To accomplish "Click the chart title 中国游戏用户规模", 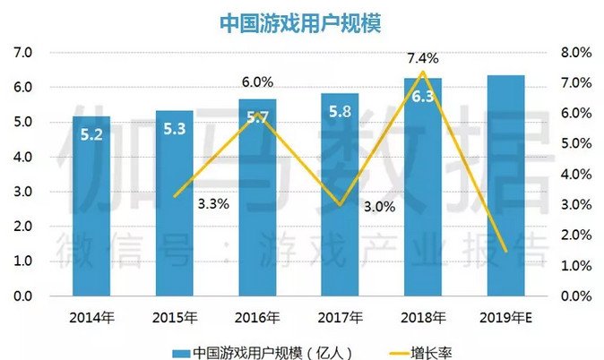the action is point(300,23).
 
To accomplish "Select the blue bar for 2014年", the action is point(91,206).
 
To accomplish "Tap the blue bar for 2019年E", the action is point(505,185).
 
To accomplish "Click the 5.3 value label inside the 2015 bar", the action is point(175,129).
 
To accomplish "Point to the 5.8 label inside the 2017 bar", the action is point(341,112).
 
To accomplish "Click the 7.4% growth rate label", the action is point(423,58).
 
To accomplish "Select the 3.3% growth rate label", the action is point(213,203).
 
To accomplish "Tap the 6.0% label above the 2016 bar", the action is point(257,82).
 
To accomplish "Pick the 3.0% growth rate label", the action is point(379,207).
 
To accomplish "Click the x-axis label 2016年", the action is point(257,318).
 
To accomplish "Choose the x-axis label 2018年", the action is point(423,318).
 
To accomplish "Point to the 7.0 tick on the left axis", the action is point(22,52).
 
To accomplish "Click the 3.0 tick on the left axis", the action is point(22,192).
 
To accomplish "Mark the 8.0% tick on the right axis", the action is point(576,52).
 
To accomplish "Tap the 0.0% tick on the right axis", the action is point(576,296).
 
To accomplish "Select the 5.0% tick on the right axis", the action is point(576,143).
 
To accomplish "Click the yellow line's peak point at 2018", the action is point(423,72).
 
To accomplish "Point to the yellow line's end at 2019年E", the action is point(505,252).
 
